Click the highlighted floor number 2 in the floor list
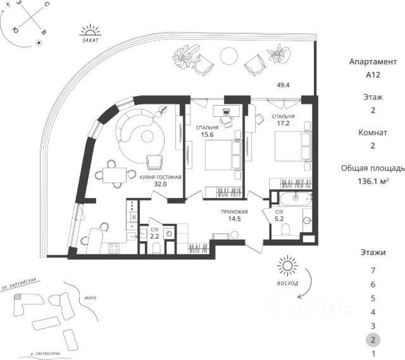click(x=373, y=340)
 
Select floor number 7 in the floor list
click(x=373, y=270)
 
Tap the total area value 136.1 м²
click(x=373, y=180)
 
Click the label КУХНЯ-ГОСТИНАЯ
click(x=161, y=178)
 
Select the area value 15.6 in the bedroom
click(x=207, y=134)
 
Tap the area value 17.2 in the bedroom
click(x=283, y=125)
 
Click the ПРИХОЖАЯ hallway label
click(x=234, y=213)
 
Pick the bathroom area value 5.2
click(x=278, y=220)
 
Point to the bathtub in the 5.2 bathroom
click(x=293, y=202)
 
